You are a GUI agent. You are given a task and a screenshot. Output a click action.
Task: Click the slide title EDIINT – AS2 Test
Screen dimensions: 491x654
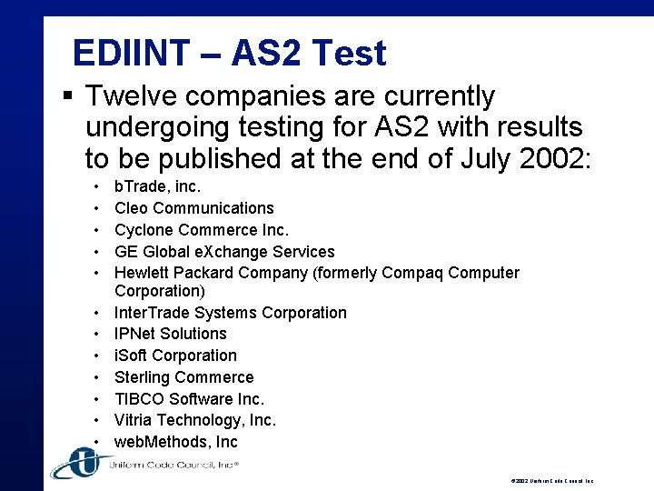pyautogui.click(x=229, y=54)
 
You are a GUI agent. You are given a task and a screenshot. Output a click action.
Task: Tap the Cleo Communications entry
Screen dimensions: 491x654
pyautogui.click(x=193, y=208)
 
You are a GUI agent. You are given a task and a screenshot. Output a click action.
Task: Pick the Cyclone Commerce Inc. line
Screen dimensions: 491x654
pyautogui.click(x=201, y=230)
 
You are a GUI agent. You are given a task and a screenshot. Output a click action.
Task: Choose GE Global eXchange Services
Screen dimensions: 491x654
pyautogui.click(x=224, y=252)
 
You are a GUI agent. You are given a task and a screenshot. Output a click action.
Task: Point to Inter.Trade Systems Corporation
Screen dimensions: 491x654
pyautogui.click(x=230, y=313)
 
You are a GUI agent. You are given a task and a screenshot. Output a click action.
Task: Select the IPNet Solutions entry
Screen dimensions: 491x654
pyautogui.click(x=170, y=334)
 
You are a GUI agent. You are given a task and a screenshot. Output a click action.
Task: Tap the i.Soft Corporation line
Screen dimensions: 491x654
pyautogui.click(x=175, y=356)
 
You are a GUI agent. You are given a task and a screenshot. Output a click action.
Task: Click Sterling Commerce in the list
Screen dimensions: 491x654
pyautogui.click(x=183, y=377)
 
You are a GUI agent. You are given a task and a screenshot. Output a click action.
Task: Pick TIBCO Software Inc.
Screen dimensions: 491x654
pyautogui.click(x=189, y=399)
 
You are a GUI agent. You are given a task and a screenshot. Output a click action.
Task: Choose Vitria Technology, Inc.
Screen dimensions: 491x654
pyautogui.click(x=195, y=420)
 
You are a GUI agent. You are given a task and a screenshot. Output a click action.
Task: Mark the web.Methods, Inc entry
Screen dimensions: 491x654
pyautogui.click(x=175, y=442)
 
